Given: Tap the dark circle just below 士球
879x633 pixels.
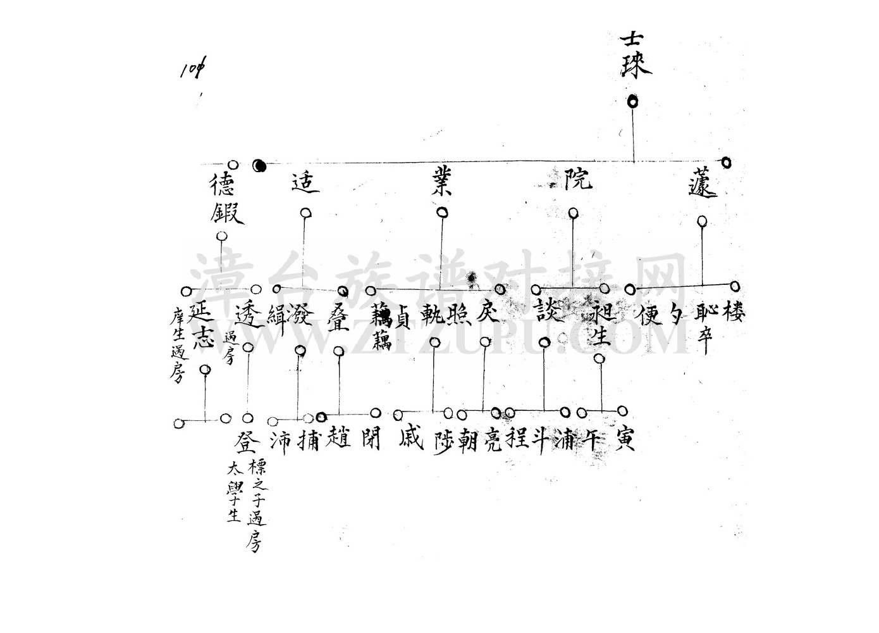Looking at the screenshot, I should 632,101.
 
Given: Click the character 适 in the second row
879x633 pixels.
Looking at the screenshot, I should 305,182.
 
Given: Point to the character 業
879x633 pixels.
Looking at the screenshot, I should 440,182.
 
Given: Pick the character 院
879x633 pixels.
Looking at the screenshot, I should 577,179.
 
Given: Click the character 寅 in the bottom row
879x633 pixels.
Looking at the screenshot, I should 622,437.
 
